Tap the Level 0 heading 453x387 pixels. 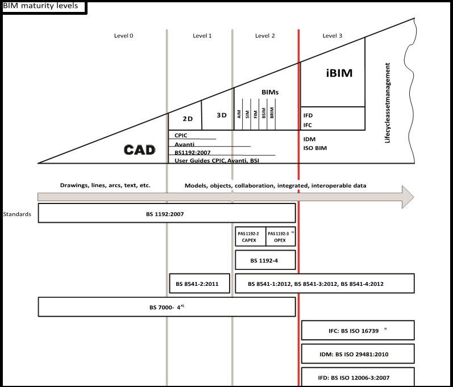[123, 36]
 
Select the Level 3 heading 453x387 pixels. [333, 36]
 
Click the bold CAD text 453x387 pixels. [139, 150]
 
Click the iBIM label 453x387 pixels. [339, 73]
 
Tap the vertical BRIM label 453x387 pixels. [272, 113]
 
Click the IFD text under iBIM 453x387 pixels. [308, 115]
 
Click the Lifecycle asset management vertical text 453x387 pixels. [388, 108]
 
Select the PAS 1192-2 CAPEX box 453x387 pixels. [250, 236]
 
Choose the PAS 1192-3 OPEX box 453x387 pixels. [280, 236]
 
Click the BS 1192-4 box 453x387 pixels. [265, 260]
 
